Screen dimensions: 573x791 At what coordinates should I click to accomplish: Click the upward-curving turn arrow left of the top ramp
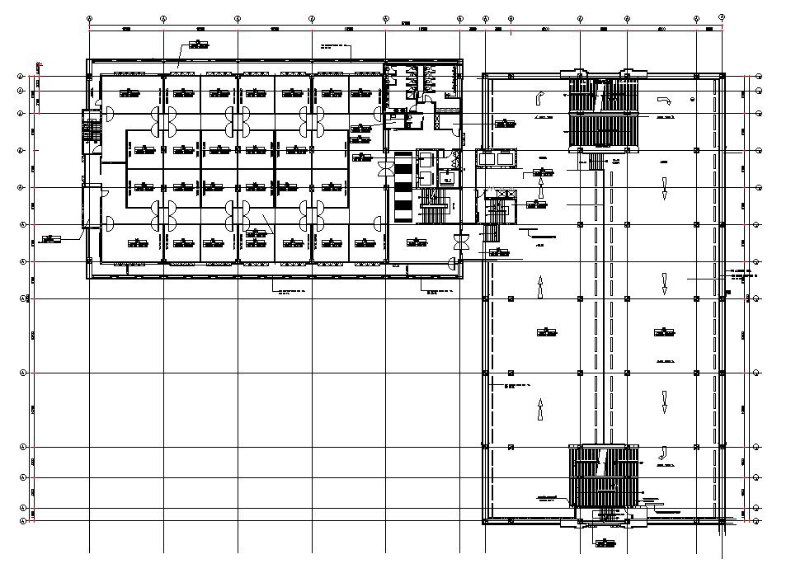[x=539, y=98]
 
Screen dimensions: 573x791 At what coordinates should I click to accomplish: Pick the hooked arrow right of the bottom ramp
[x=662, y=452]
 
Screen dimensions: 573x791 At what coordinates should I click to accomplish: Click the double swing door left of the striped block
[x=382, y=169]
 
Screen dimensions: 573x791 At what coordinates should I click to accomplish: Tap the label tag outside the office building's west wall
[x=49, y=239]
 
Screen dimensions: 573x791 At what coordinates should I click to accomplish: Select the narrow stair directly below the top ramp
[x=594, y=163]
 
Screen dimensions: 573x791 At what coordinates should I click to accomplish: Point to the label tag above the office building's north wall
[x=198, y=45]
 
